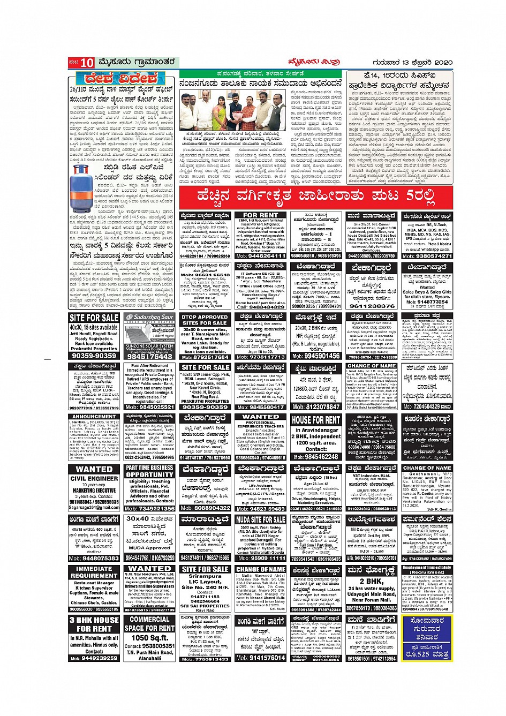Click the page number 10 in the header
click(87, 63)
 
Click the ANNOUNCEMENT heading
click(94, 416)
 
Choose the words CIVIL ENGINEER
click(94, 478)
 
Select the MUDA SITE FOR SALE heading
click(260, 519)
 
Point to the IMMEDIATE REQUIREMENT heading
click(94, 572)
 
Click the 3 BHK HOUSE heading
click(94, 624)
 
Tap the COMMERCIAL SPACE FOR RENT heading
click(149, 624)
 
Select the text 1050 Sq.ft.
click(150, 638)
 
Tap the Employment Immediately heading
click(427, 569)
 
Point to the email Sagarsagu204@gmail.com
click(94, 508)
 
